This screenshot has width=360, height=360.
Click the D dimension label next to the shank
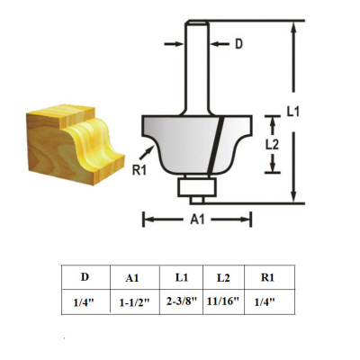(238, 42)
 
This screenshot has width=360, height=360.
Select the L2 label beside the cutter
(282, 142)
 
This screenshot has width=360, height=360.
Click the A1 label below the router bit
(196, 219)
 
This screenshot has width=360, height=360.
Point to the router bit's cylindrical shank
(196, 72)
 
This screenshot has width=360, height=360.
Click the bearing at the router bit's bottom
(196, 188)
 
